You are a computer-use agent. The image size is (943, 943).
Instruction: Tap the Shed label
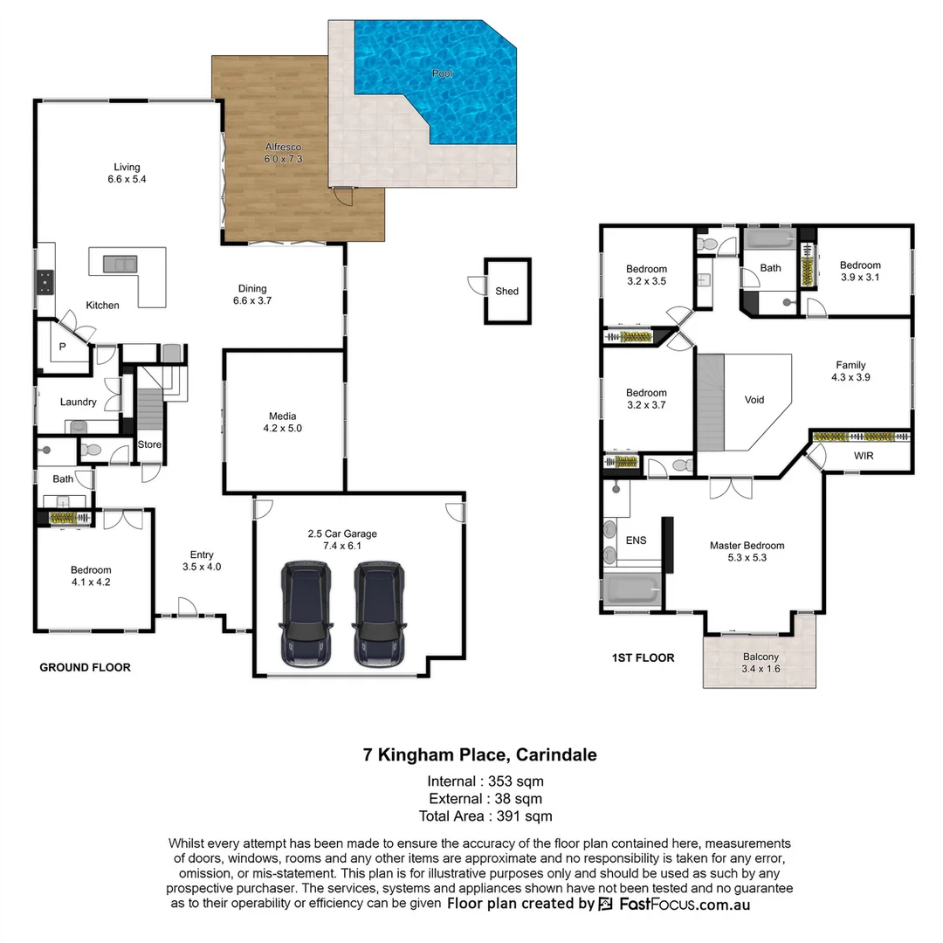pos(506,291)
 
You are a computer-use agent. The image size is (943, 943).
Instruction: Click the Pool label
pos(443,74)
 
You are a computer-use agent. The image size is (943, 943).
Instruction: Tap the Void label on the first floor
pos(754,400)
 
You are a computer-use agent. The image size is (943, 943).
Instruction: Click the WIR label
pos(863,456)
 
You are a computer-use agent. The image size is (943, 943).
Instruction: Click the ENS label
pos(637,540)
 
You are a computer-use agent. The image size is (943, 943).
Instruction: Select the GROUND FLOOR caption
pos(86,667)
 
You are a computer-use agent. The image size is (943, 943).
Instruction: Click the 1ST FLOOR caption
pos(644,657)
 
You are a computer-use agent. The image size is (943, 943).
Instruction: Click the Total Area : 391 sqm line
pos(485,816)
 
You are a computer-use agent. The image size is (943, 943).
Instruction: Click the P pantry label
pos(62,347)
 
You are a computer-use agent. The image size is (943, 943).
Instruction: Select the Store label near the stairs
pos(149,444)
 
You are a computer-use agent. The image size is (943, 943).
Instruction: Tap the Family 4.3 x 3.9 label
pos(850,372)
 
